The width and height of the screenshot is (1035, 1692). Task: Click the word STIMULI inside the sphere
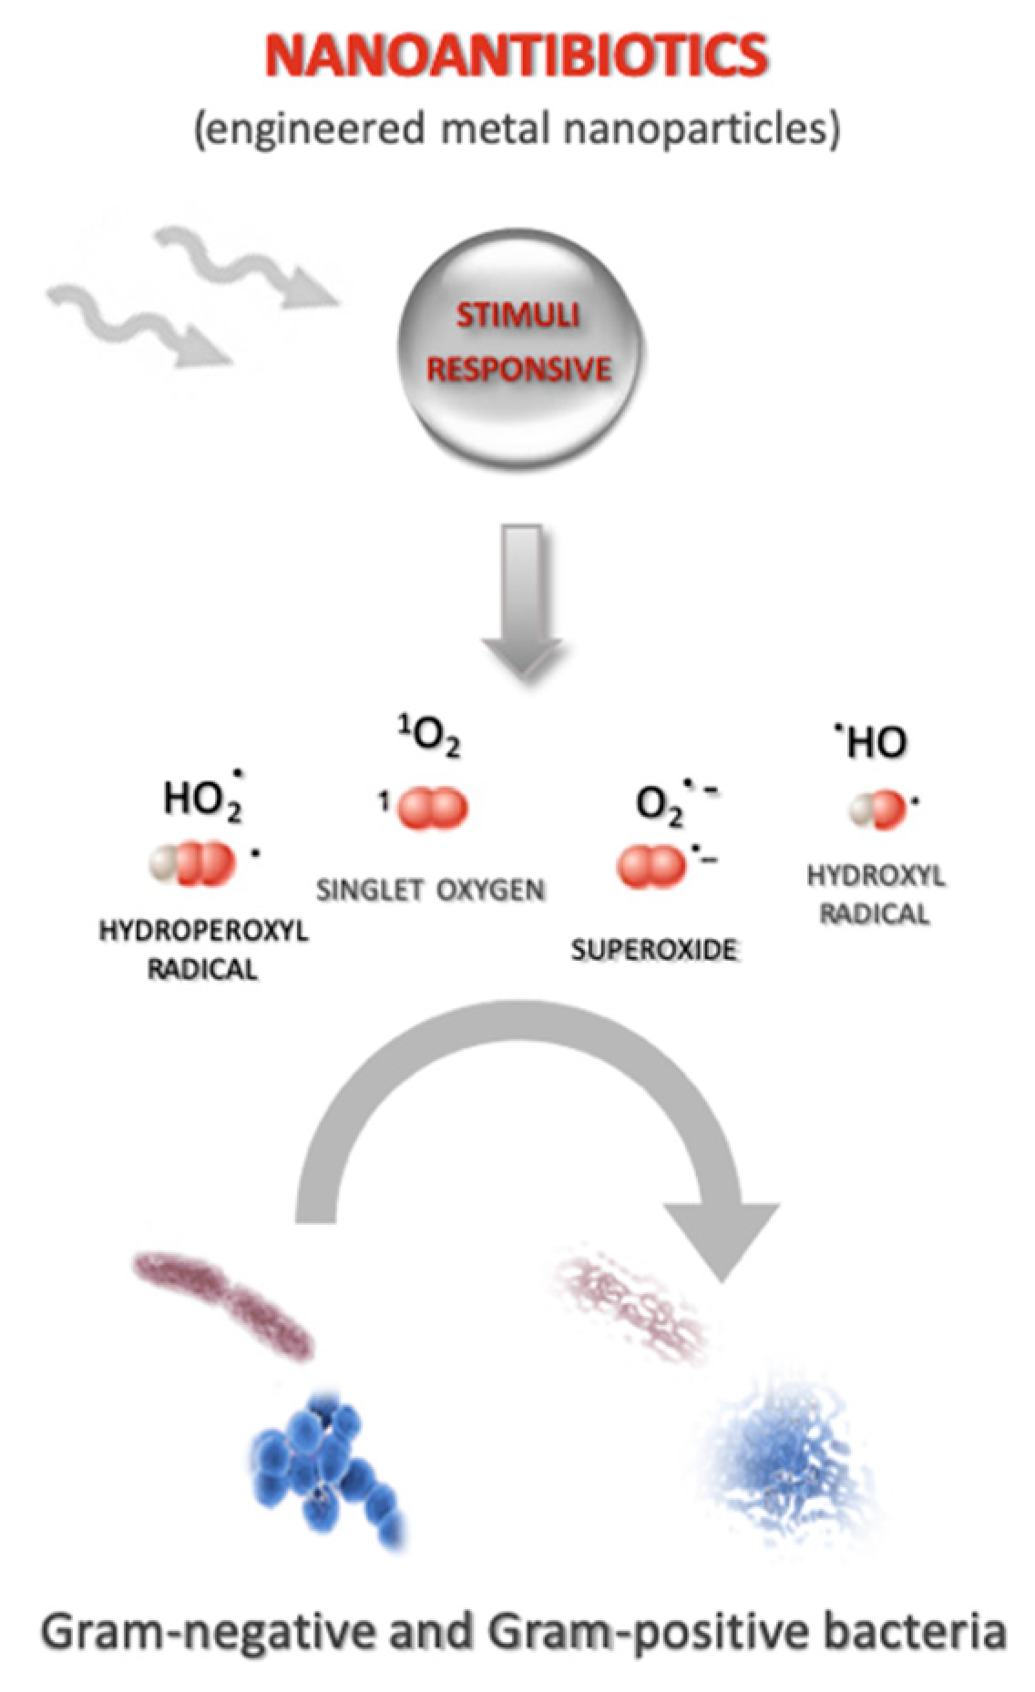[x=517, y=315]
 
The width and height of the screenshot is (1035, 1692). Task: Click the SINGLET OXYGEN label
[x=430, y=890]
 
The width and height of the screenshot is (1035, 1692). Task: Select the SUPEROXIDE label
[x=654, y=950]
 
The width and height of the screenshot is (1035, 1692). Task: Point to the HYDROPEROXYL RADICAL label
[x=202, y=950]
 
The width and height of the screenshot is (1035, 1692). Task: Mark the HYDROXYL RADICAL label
[x=875, y=894]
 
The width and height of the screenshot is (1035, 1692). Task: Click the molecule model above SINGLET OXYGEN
[x=434, y=807]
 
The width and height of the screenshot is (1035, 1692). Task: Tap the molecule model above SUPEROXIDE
[x=651, y=866]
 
